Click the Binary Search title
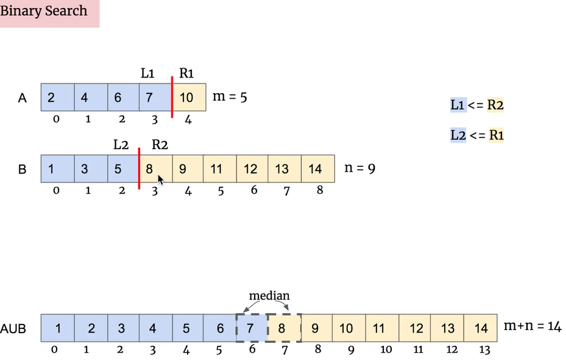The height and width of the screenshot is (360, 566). coord(44,11)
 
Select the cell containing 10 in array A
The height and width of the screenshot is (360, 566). coord(189,97)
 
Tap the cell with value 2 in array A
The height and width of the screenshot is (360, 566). coord(57,97)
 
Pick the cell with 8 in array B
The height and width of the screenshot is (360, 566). coord(155,168)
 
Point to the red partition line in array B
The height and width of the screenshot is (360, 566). coord(140,168)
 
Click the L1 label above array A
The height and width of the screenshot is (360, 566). coord(148,74)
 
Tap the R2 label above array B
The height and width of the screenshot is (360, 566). coord(160,145)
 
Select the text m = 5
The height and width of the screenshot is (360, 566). coord(230,96)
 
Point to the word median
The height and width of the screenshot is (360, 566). coord(269,296)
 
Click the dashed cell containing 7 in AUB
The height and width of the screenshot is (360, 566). coord(251,328)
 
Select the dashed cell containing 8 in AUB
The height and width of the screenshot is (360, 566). coord(284,328)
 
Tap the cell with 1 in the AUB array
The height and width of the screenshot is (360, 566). coord(57,328)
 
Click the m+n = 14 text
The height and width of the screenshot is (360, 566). coord(532,327)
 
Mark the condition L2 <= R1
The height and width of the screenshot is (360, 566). coord(477,135)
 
